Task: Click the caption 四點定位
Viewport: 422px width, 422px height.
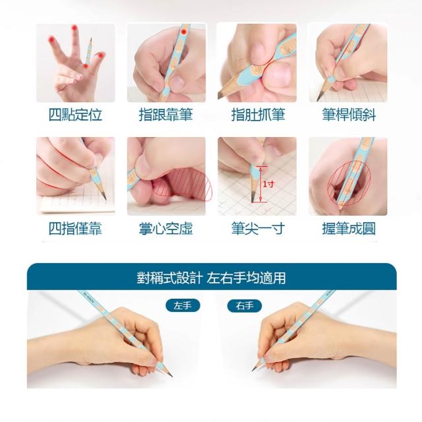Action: pyautogui.click(x=75, y=115)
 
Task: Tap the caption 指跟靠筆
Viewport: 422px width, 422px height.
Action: pyautogui.click(x=166, y=115)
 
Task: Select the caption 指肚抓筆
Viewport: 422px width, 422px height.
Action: pyautogui.click(x=258, y=115)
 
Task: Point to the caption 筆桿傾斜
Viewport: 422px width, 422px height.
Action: pyautogui.click(x=349, y=115)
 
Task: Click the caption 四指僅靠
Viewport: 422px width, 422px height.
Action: pyautogui.click(x=75, y=229)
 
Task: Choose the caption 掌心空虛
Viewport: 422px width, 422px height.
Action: pyautogui.click(x=166, y=229)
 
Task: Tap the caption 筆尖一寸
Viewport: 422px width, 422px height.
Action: pyautogui.click(x=258, y=229)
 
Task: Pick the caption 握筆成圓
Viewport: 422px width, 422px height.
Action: pyautogui.click(x=349, y=229)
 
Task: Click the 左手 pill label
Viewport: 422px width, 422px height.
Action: pyautogui.click(x=183, y=306)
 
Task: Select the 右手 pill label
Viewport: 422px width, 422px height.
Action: pyautogui.click(x=245, y=306)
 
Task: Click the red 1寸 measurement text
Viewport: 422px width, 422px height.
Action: pyautogui.click(x=269, y=184)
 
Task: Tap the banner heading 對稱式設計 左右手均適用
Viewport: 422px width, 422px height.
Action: pyautogui.click(x=211, y=278)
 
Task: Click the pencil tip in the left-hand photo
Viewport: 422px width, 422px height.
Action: pyautogui.click(x=171, y=376)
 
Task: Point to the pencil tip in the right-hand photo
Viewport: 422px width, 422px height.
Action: pyautogui.click(x=253, y=371)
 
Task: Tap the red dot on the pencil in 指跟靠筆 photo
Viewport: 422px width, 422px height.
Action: pyautogui.click(x=184, y=32)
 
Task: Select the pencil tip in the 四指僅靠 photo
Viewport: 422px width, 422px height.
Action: pyautogui.click(x=105, y=198)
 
